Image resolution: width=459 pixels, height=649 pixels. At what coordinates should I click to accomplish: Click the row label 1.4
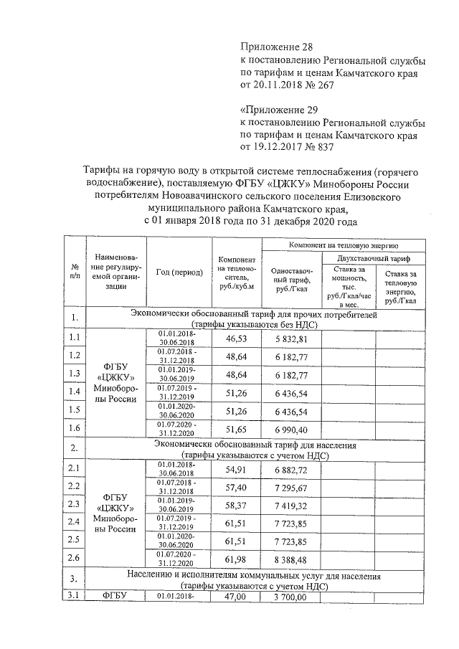click(x=74, y=392)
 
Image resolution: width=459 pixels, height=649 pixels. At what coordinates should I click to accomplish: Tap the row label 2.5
click(x=74, y=540)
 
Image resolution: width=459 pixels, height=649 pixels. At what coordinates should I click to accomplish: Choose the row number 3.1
click(x=74, y=596)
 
